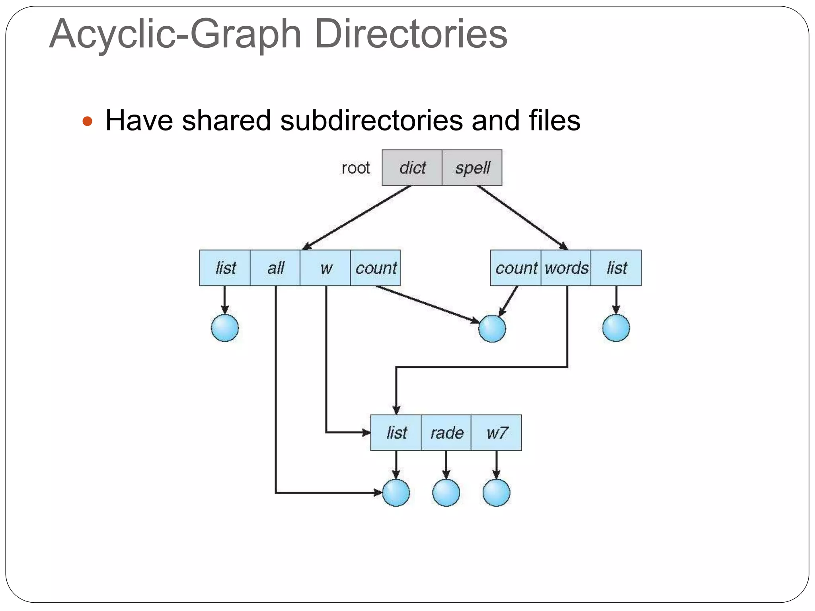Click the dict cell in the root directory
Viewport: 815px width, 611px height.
(x=412, y=167)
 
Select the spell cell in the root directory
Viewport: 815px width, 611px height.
(x=472, y=167)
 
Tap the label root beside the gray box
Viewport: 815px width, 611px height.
(x=355, y=168)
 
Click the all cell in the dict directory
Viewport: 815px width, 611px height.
(x=275, y=268)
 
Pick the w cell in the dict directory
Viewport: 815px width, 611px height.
(x=326, y=268)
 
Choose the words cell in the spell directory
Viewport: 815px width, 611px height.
(x=566, y=268)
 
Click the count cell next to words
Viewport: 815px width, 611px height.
(x=516, y=268)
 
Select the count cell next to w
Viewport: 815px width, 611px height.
(x=376, y=268)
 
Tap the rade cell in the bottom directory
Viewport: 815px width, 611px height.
(x=446, y=432)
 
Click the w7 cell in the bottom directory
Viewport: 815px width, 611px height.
(x=496, y=432)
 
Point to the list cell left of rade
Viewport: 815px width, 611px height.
(x=396, y=432)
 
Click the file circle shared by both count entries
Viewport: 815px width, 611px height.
(x=492, y=329)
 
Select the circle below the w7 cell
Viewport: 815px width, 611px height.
(x=496, y=492)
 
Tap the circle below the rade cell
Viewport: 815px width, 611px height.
(x=446, y=492)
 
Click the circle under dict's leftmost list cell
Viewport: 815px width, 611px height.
(x=225, y=328)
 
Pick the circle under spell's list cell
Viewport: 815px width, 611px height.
(x=616, y=328)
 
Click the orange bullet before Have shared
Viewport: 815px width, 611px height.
(x=87, y=121)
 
